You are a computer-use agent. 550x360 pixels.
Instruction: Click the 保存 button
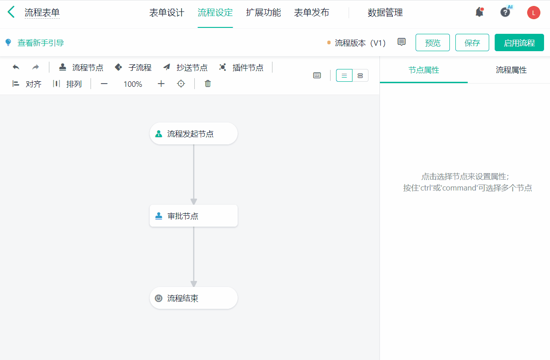[x=472, y=43]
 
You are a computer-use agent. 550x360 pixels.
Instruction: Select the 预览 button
[x=433, y=43]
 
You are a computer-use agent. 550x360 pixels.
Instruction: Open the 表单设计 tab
[x=166, y=13]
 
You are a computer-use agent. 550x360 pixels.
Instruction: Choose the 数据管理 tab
[x=385, y=13]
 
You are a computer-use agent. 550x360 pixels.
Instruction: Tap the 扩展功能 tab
[x=263, y=13]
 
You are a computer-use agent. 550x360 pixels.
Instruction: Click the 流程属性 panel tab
[x=511, y=70]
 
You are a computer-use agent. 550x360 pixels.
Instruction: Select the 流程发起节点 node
[x=193, y=134]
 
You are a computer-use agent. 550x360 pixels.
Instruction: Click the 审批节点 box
[x=193, y=216]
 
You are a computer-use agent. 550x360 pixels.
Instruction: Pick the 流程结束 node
[x=193, y=298]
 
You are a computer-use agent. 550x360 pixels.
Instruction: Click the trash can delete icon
[x=208, y=84]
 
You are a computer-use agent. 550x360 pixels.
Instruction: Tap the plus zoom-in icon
[x=161, y=84]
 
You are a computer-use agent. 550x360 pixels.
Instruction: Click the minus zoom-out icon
[x=104, y=84]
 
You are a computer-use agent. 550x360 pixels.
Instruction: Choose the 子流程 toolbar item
[x=133, y=68]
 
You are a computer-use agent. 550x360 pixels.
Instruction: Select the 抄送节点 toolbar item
[x=185, y=68]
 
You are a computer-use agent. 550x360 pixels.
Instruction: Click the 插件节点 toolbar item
[x=241, y=68]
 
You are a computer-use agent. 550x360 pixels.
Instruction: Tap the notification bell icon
[x=479, y=12]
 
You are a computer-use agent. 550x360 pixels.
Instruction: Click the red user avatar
[x=534, y=13]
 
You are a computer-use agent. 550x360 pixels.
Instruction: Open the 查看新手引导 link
[x=40, y=43]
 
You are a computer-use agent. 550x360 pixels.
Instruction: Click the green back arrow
[x=11, y=12]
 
